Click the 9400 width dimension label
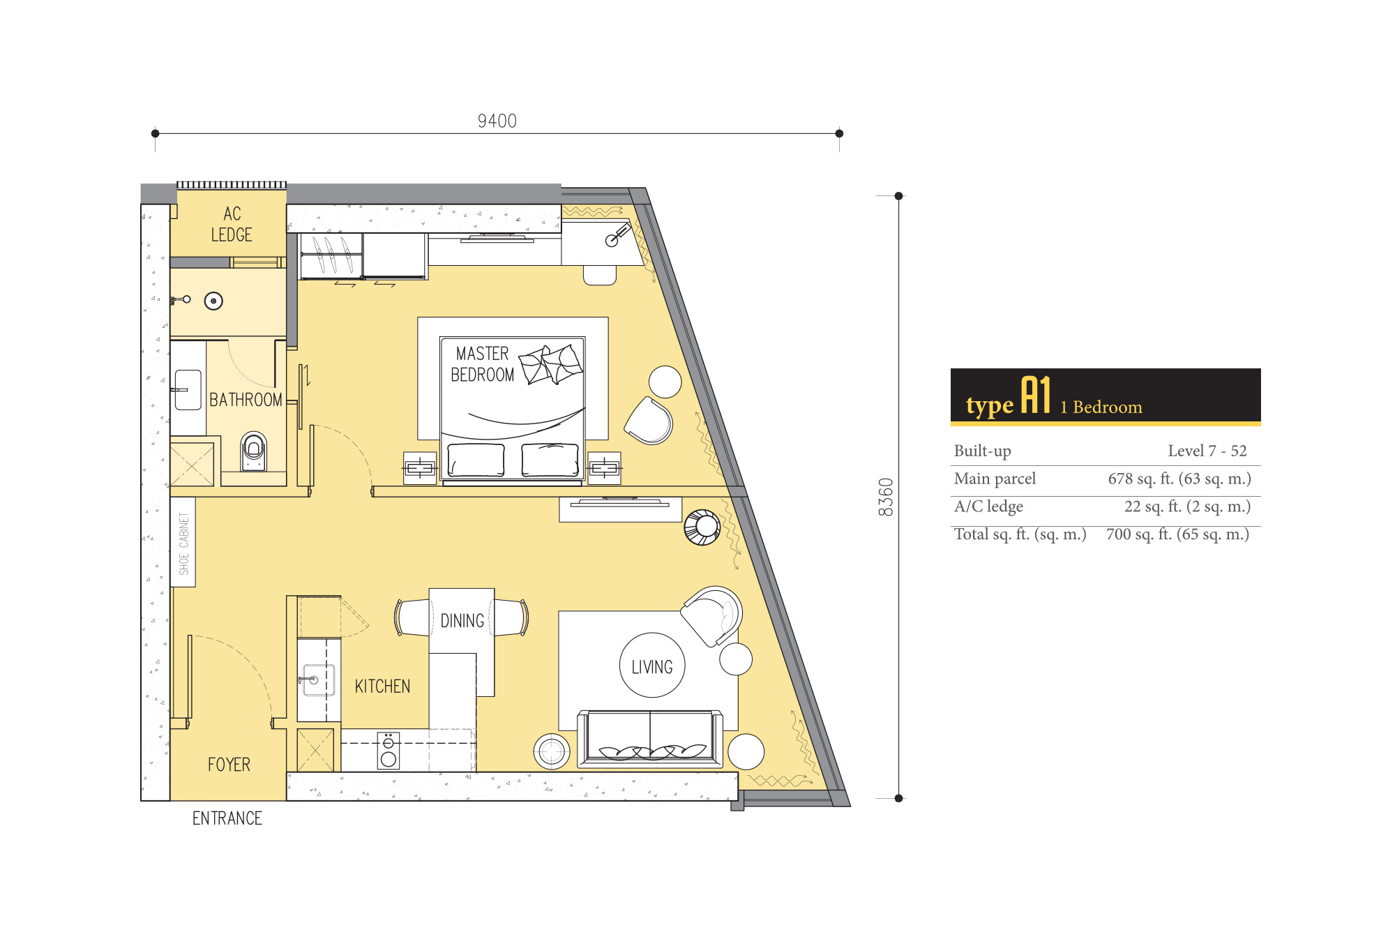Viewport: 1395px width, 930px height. click(497, 121)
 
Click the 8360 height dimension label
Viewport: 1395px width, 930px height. click(886, 497)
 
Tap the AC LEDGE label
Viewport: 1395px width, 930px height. click(232, 224)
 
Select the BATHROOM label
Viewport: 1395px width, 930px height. click(246, 400)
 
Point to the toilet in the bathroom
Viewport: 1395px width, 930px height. click(253, 451)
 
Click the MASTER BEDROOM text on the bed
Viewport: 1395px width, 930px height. click(483, 364)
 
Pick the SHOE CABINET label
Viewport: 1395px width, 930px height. click(183, 543)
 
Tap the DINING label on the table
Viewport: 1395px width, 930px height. click(462, 621)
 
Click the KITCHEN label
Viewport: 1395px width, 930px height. click(382, 687)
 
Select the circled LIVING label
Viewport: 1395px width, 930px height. click(652, 667)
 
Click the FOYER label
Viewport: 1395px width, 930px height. click(229, 765)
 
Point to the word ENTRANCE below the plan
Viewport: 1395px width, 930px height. click(227, 818)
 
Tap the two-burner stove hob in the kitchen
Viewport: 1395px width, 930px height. click(389, 751)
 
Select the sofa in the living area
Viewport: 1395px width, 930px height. click(650, 739)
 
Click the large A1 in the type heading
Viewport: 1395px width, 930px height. click(1036, 396)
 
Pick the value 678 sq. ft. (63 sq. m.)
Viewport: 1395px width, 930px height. click(1179, 479)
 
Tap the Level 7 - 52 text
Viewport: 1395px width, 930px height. click(1207, 451)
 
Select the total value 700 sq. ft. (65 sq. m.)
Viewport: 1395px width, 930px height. click(1177, 534)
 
